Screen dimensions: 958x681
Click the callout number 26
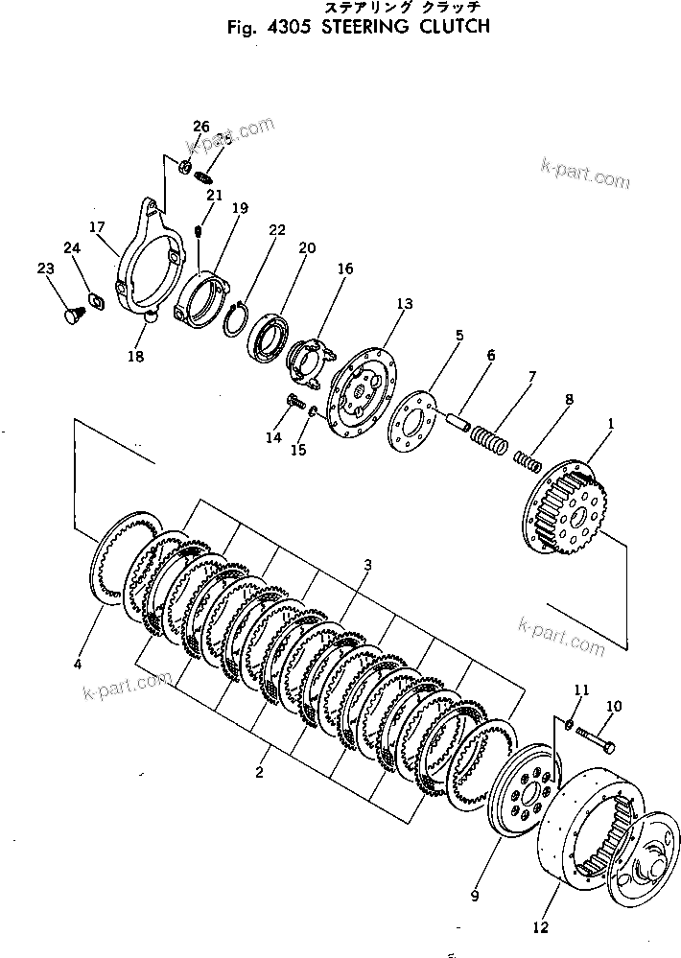pyautogui.click(x=200, y=127)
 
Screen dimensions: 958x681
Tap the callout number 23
pyautogui.click(x=44, y=269)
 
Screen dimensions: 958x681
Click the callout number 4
pyautogui.click(x=78, y=664)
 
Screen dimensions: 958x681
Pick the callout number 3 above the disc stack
pyautogui.click(x=366, y=566)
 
